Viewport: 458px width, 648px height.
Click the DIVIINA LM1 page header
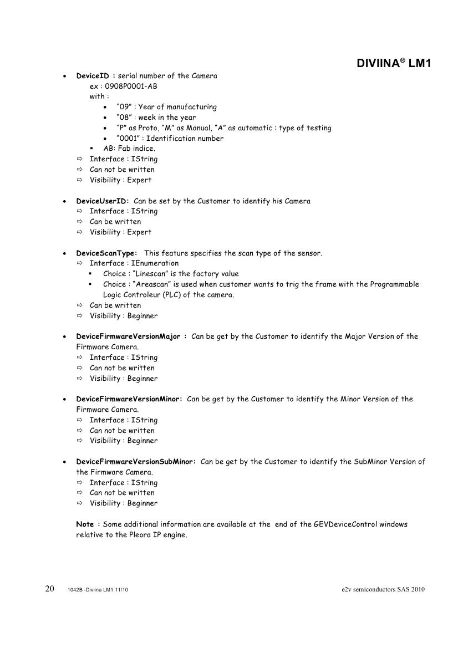tap(394, 64)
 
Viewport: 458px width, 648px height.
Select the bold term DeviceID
tap(94, 75)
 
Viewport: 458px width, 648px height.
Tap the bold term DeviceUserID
tap(102, 201)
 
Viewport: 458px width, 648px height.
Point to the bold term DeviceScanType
tap(106, 253)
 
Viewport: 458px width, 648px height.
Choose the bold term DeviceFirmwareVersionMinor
tap(128, 399)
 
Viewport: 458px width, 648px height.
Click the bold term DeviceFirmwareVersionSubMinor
tap(135, 461)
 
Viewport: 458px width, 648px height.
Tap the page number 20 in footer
tap(49, 589)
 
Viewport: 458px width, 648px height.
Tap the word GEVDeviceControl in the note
tap(353, 524)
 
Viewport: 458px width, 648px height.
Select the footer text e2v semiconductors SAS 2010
tap(383, 589)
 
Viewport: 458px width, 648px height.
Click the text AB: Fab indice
tap(129, 149)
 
